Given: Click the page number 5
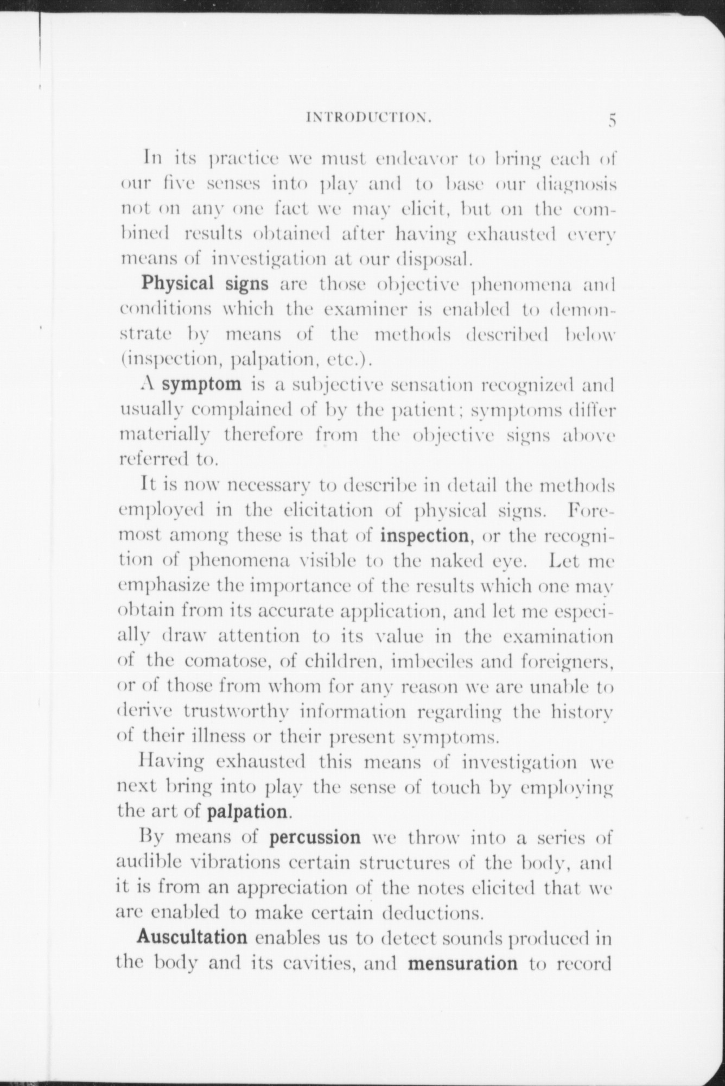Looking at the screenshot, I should (x=612, y=120).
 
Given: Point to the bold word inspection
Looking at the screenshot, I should (x=424, y=536).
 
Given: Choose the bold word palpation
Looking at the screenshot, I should (x=247, y=812).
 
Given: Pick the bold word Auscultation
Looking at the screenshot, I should (x=192, y=937).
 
